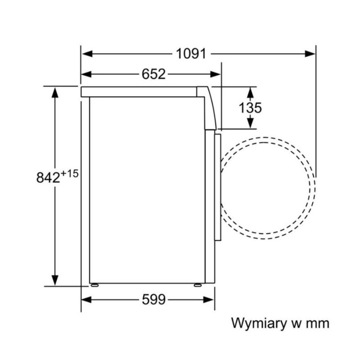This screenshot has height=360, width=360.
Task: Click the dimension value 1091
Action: [x=191, y=54]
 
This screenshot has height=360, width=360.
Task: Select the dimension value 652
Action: [x=154, y=74]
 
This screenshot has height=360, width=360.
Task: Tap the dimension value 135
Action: [x=251, y=108]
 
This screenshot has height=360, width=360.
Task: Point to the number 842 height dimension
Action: [x=48, y=177]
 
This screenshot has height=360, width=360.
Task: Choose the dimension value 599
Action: [x=154, y=299]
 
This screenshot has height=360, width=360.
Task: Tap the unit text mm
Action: [x=318, y=323]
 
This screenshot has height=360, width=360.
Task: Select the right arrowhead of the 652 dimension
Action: [x=216, y=74]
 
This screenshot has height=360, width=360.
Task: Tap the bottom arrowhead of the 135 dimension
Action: [x=251, y=123]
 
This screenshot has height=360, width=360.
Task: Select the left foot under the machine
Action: [x=94, y=285]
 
